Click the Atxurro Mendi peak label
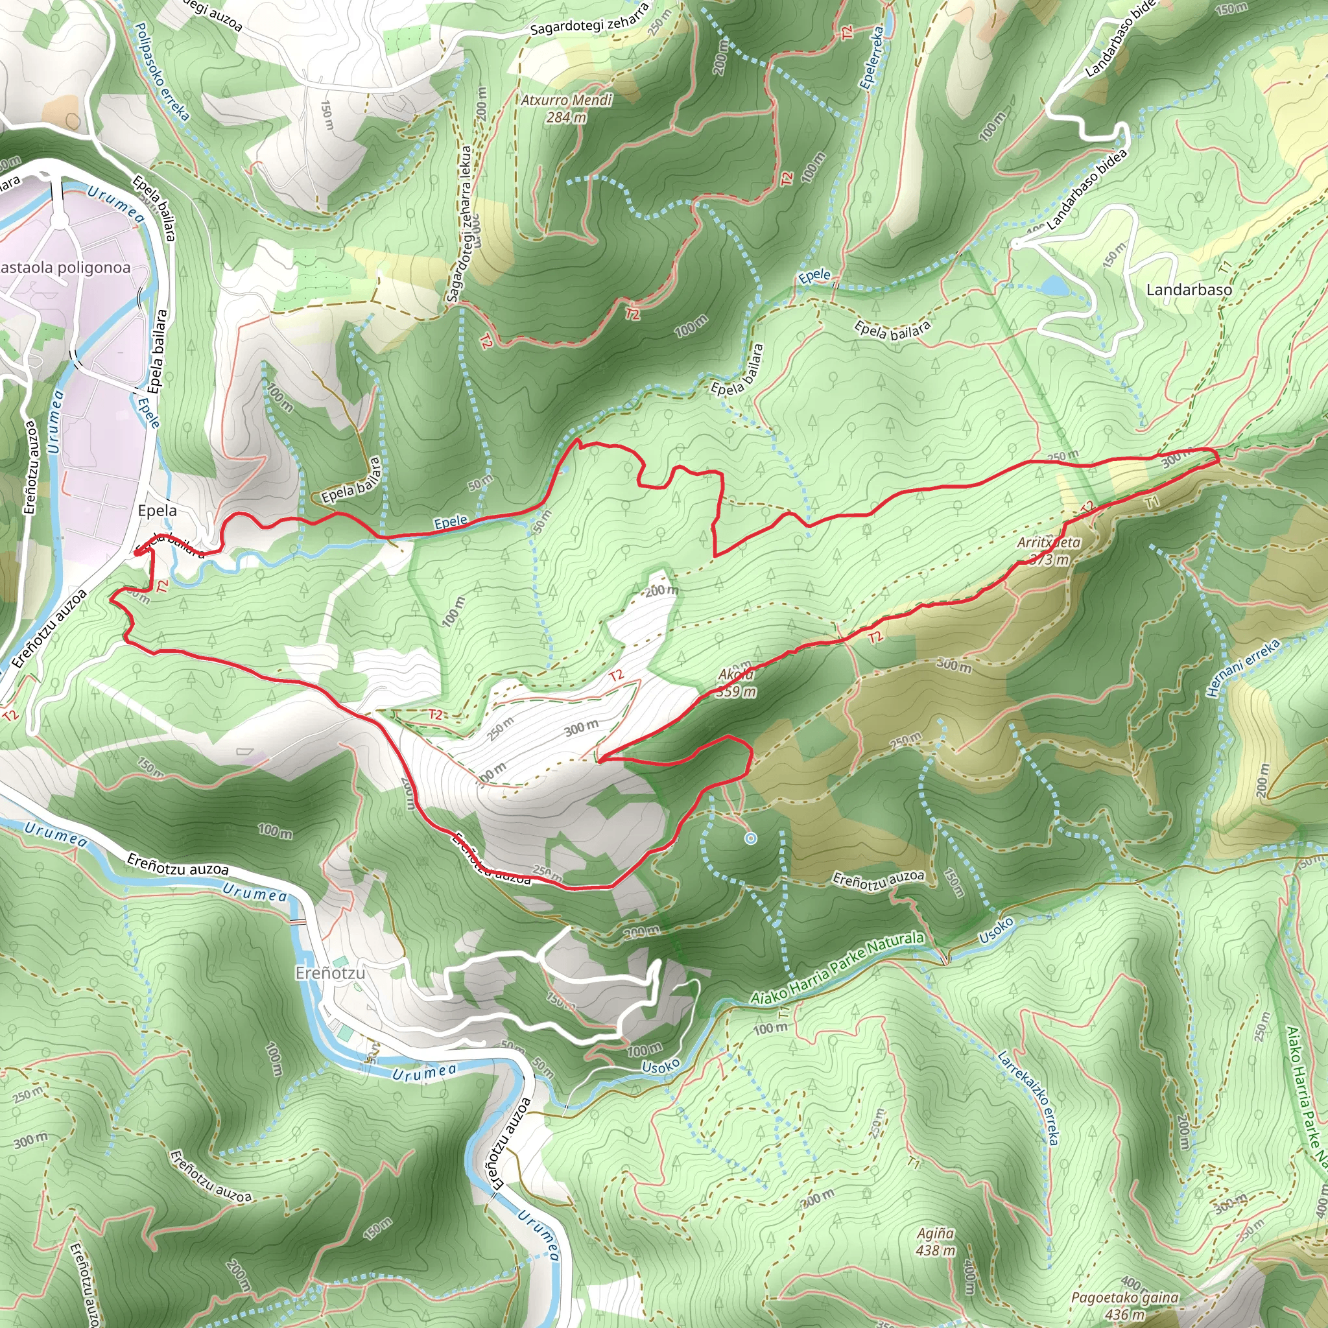coord(565,108)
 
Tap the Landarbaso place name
coord(1189,290)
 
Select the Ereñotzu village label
coord(330,973)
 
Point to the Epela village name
coord(157,511)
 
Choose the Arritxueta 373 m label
coord(1049,551)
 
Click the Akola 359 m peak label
coord(735,683)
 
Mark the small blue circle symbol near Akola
coord(751,838)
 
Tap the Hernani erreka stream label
coord(1244,667)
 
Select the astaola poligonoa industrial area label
coord(65,267)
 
